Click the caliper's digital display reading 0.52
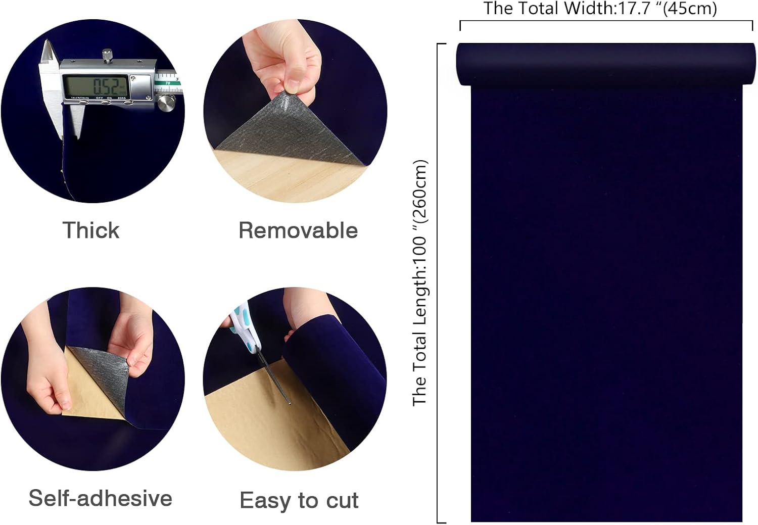(96, 86)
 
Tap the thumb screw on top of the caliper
(107, 56)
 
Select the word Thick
(91, 230)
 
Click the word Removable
(298, 230)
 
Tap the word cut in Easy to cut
(342, 500)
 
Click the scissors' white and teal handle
(244, 327)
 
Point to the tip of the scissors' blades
(290, 403)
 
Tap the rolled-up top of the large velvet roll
(606, 64)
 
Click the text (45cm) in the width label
(690, 8)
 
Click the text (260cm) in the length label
(420, 192)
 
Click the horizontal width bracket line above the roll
(606, 21)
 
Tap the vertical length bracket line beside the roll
(437, 283)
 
